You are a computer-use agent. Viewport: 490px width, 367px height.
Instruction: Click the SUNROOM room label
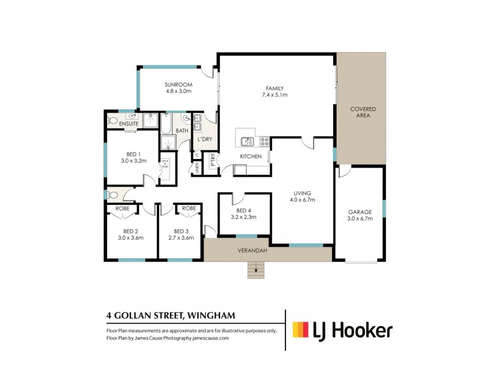tap(179, 84)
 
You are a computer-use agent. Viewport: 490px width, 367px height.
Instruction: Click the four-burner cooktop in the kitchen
tap(265, 141)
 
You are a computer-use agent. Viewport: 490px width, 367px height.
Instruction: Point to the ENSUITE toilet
tap(111, 120)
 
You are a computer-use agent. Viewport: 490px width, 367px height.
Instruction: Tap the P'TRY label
tap(213, 163)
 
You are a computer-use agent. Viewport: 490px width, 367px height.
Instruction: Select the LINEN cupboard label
tap(197, 166)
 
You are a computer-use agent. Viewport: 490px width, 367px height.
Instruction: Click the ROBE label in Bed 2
tap(123, 208)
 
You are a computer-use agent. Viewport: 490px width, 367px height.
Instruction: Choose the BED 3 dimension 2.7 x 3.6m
tap(181, 238)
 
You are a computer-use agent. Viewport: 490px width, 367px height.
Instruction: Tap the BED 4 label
tap(244, 209)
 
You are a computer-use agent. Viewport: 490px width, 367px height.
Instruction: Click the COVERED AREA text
tap(363, 113)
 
